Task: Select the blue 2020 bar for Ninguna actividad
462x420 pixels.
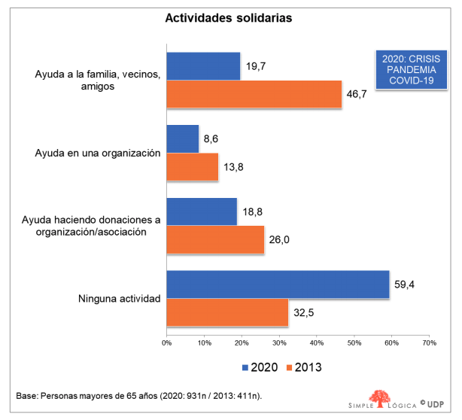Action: coord(278,285)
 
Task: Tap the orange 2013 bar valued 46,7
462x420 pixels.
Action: coord(254,94)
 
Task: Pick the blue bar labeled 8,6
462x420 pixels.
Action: coord(182,138)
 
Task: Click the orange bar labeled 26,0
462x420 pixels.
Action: coord(215,240)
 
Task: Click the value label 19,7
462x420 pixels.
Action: coord(255,65)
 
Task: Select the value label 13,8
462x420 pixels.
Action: coord(233,167)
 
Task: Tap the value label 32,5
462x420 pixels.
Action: coord(303,313)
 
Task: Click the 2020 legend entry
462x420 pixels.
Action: coord(260,367)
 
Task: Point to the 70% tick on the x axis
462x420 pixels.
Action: coord(428,343)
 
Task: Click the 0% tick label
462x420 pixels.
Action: coord(167,343)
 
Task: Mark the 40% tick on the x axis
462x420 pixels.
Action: coord(316,343)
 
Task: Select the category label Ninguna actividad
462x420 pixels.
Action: coord(120,299)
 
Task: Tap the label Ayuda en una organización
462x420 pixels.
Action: coord(98,153)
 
